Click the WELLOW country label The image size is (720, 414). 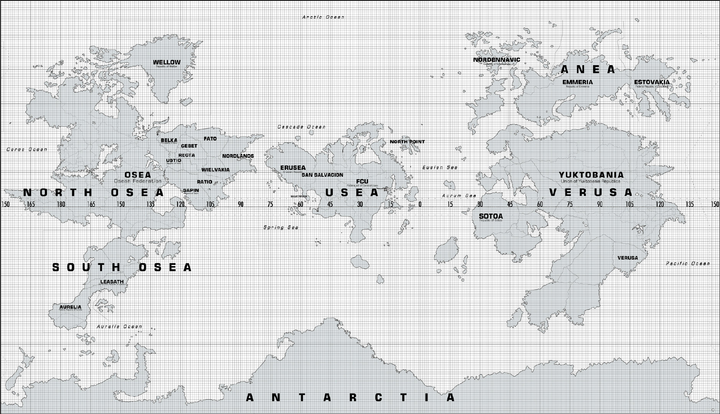click(166, 62)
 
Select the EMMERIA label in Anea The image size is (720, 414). click(577, 82)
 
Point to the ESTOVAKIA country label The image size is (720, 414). click(652, 82)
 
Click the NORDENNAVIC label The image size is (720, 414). click(496, 60)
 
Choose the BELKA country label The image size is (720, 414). click(169, 141)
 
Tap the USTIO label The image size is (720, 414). click(173, 161)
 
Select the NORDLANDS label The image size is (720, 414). click(238, 156)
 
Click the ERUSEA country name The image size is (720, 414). click(293, 168)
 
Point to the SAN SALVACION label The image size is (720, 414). click(322, 175)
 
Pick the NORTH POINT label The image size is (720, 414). click(407, 142)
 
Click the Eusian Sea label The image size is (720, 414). click(440, 168)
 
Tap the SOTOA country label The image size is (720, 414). click(491, 216)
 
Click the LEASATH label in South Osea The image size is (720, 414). click(112, 282)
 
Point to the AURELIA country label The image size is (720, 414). click(71, 307)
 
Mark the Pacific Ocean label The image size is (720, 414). click(688, 263)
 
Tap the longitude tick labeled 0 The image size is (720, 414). click(420, 204)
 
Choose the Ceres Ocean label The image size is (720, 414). click(27, 149)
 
